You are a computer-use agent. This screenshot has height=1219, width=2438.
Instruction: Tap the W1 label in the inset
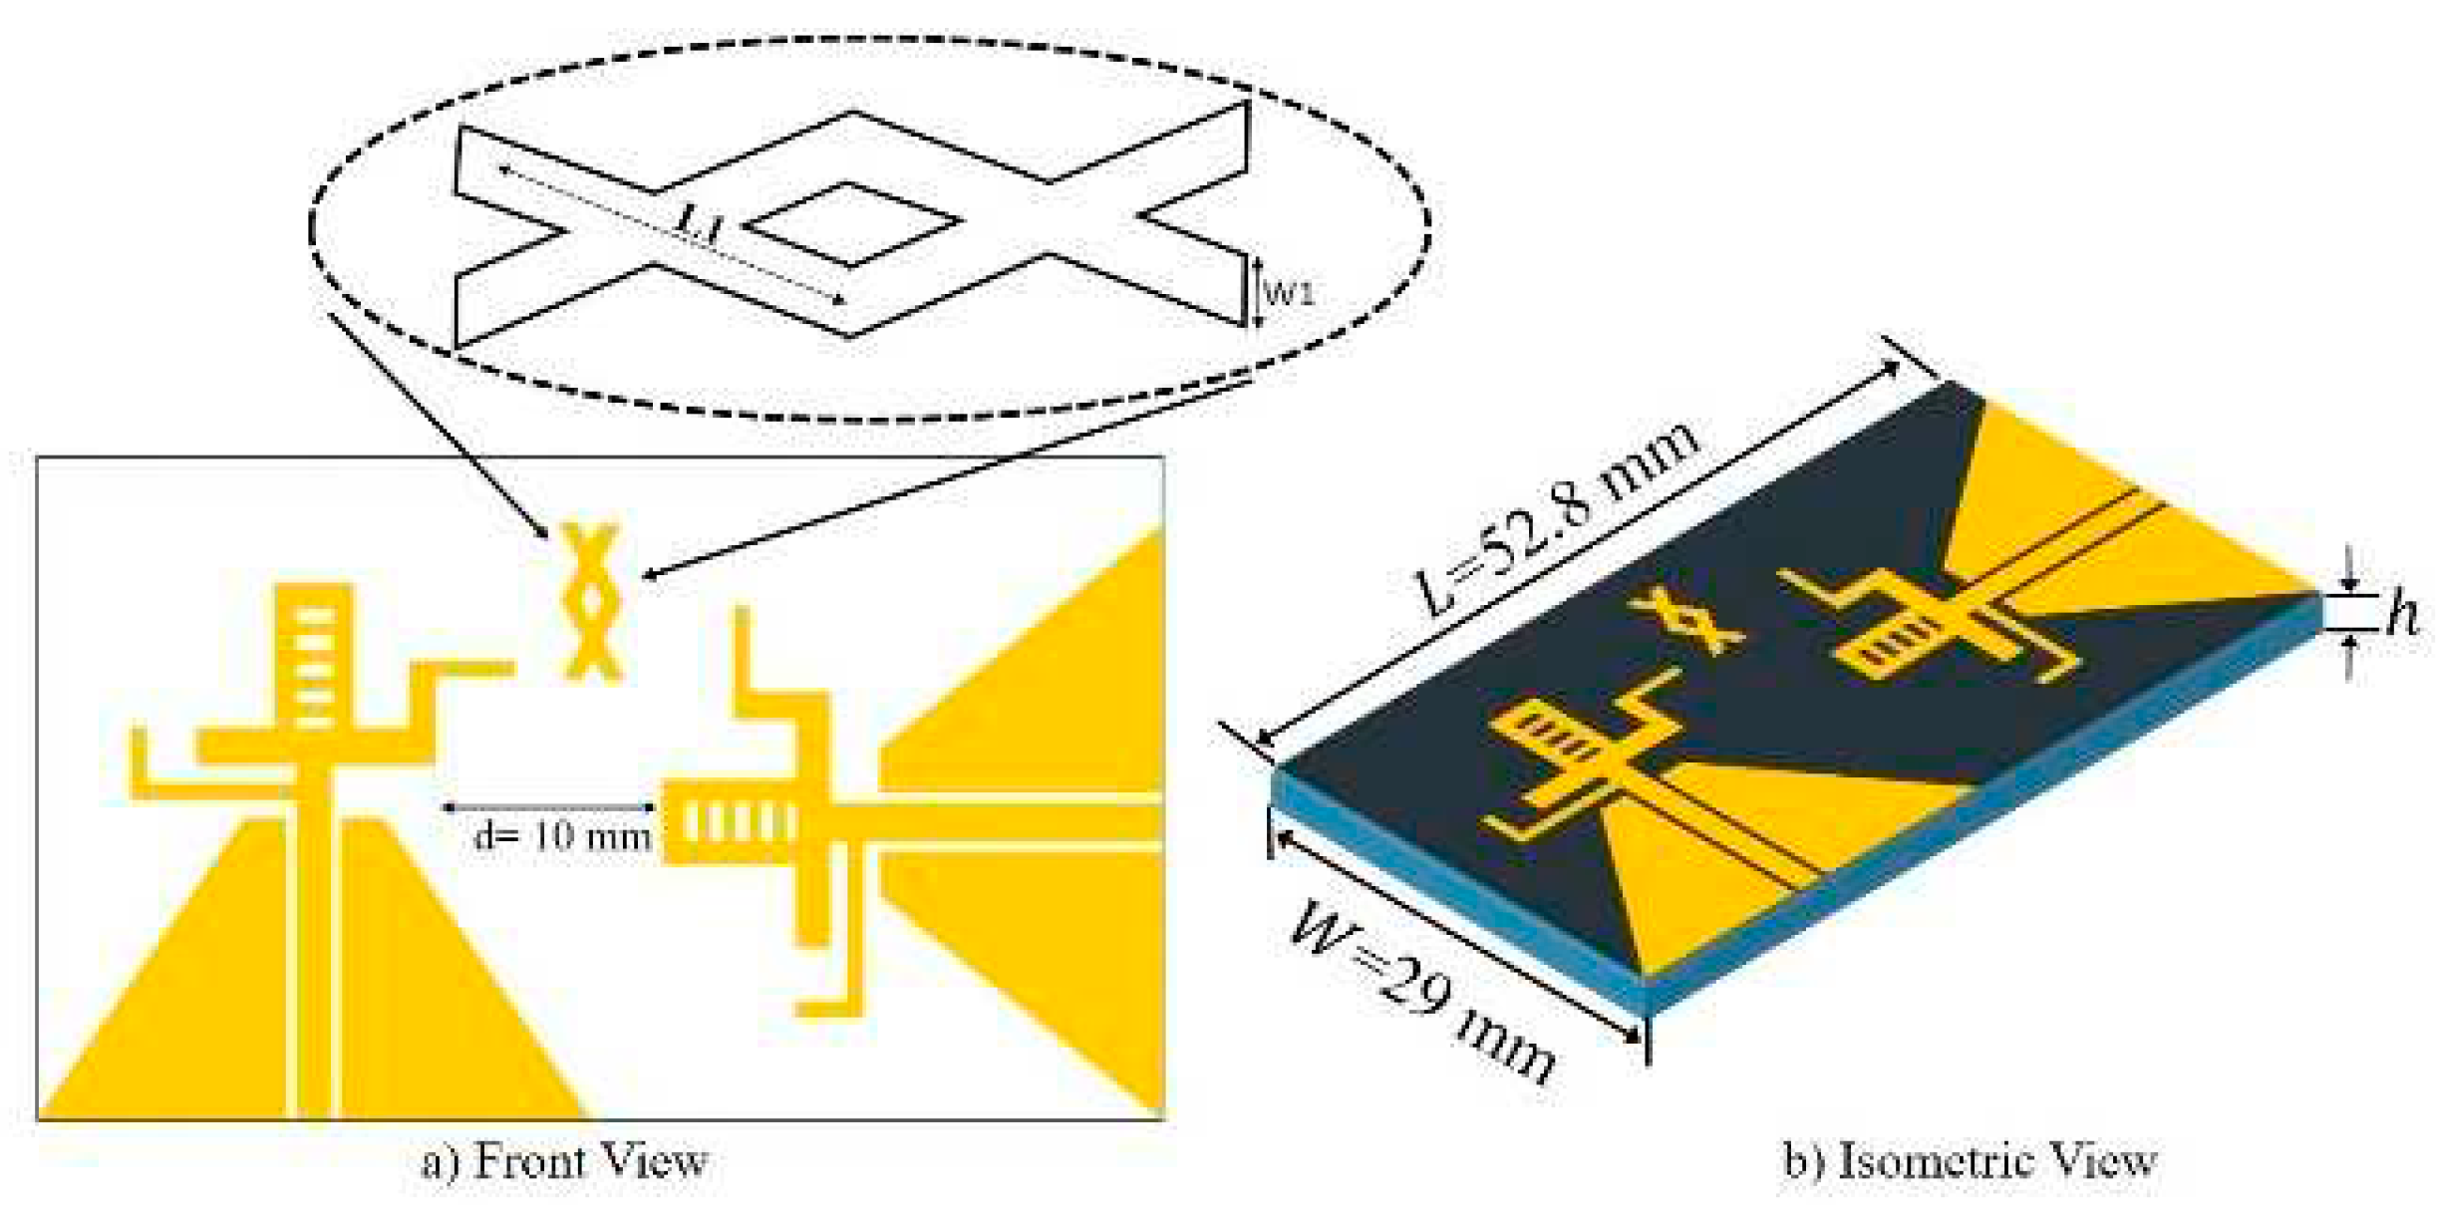pyautogui.click(x=1290, y=293)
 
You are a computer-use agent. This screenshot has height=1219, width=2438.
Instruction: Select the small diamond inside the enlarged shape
pyautogui.click(x=850, y=225)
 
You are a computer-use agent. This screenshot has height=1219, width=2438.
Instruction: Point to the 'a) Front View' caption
pyautogui.click(x=564, y=1161)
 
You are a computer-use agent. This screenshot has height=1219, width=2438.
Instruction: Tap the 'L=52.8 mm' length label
pyautogui.click(x=1557, y=518)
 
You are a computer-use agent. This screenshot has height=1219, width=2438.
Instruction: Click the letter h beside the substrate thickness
pyautogui.click(x=2402, y=614)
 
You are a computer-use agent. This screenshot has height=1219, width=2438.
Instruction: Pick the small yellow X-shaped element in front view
pyautogui.click(x=591, y=602)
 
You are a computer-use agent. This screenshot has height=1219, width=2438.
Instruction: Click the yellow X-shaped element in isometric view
pyautogui.click(x=1686, y=622)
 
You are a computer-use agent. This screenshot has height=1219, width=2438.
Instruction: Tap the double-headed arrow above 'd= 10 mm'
pyautogui.click(x=548, y=806)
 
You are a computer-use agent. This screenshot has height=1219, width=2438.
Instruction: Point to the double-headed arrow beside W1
pyautogui.click(x=1258, y=291)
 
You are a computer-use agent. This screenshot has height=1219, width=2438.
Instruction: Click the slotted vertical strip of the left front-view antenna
pyautogui.click(x=314, y=658)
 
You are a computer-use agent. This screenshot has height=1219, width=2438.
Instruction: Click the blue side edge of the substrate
pyautogui.click(x=1974, y=837)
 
